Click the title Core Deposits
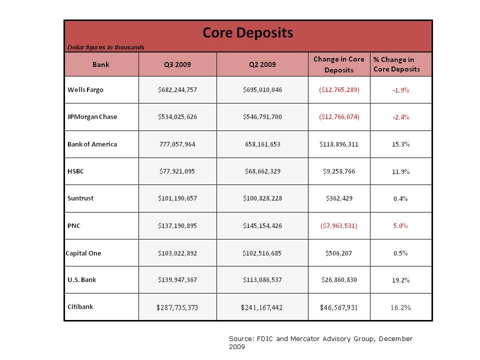(x=247, y=33)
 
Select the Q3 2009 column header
(x=177, y=64)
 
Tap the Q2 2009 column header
(x=262, y=64)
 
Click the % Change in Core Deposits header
(x=396, y=64)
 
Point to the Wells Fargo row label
(x=85, y=90)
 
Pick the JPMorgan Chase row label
(x=92, y=117)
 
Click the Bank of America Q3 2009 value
(x=177, y=144)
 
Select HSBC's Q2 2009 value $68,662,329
(x=262, y=171)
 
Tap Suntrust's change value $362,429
(x=338, y=198)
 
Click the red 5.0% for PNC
(x=400, y=225)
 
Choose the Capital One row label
(x=83, y=253)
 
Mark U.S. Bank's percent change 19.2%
(x=400, y=280)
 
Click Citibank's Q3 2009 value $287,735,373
(x=177, y=307)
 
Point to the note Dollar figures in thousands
(x=105, y=47)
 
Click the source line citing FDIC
(x=320, y=342)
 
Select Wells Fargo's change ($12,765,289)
(x=338, y=90)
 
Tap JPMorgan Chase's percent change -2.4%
(x=400, y=117)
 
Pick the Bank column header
(x=101, y=64)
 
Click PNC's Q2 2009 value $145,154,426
(x=262, y=226)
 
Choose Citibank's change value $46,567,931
(x=338, y=307)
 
